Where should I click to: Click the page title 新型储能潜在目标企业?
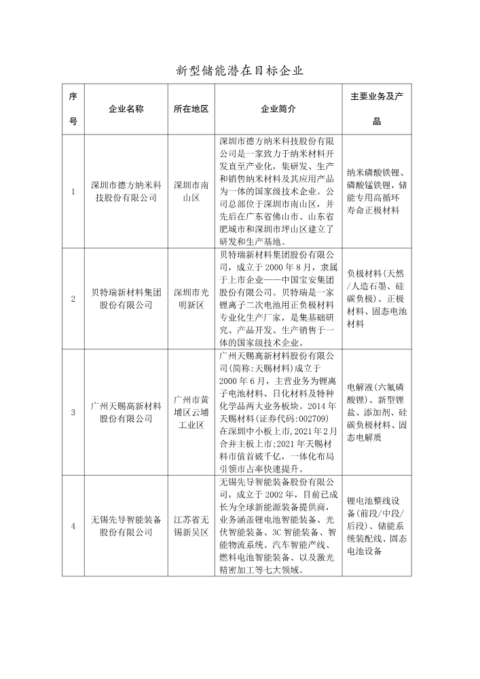(239, 70)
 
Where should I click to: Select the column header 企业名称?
(126, 109)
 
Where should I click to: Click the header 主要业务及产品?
(377, 109)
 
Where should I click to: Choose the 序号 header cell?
(73, 109)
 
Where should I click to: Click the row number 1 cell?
(73, 192)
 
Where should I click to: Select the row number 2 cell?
(73, 299)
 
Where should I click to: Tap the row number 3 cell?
(73, 413)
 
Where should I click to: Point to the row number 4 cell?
(73, 526)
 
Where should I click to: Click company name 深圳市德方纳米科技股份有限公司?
(126, 192)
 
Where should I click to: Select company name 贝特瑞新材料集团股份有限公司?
(126, 299)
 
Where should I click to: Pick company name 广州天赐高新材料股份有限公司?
(126, 413)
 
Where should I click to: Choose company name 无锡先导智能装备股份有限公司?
(126, 526)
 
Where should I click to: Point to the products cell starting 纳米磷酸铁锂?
(377, 191)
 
